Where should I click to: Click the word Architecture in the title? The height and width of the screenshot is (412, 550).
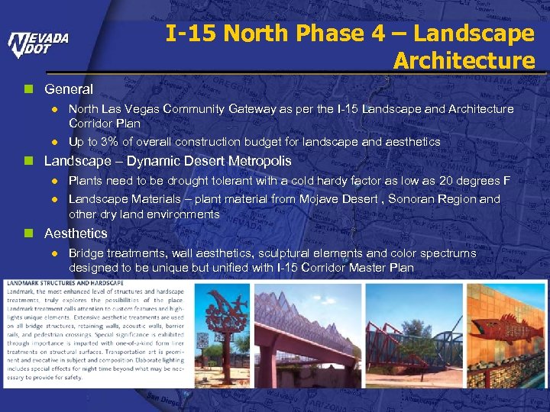464,60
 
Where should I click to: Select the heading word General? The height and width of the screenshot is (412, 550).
69,89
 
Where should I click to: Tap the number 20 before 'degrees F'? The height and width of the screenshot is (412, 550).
446,181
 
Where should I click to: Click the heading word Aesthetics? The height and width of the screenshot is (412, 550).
76,233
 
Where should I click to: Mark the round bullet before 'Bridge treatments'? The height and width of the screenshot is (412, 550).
54,253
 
